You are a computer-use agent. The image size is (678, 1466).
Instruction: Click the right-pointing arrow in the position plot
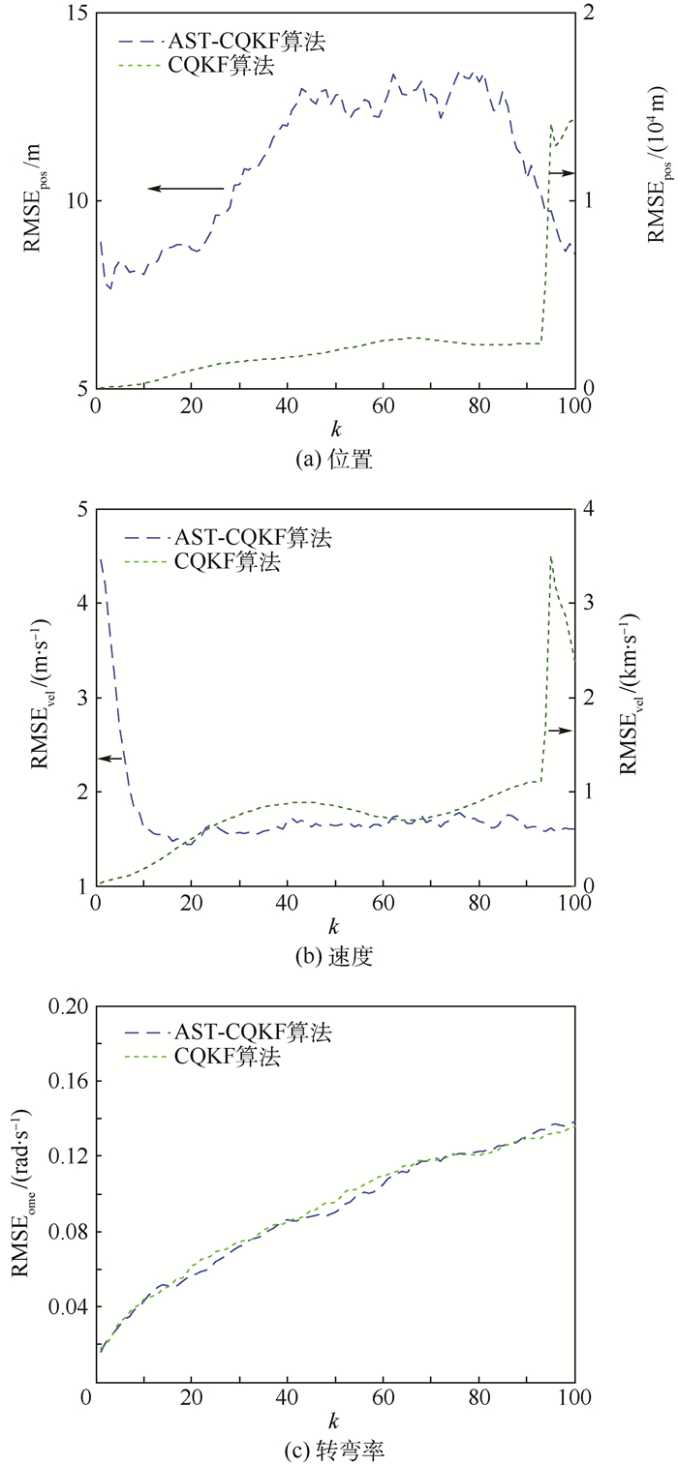561,173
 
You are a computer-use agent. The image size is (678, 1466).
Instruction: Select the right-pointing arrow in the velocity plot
560,731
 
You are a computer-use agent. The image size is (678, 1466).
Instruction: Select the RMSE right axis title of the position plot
657,173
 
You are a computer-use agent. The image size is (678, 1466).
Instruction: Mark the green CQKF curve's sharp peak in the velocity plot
551,556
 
